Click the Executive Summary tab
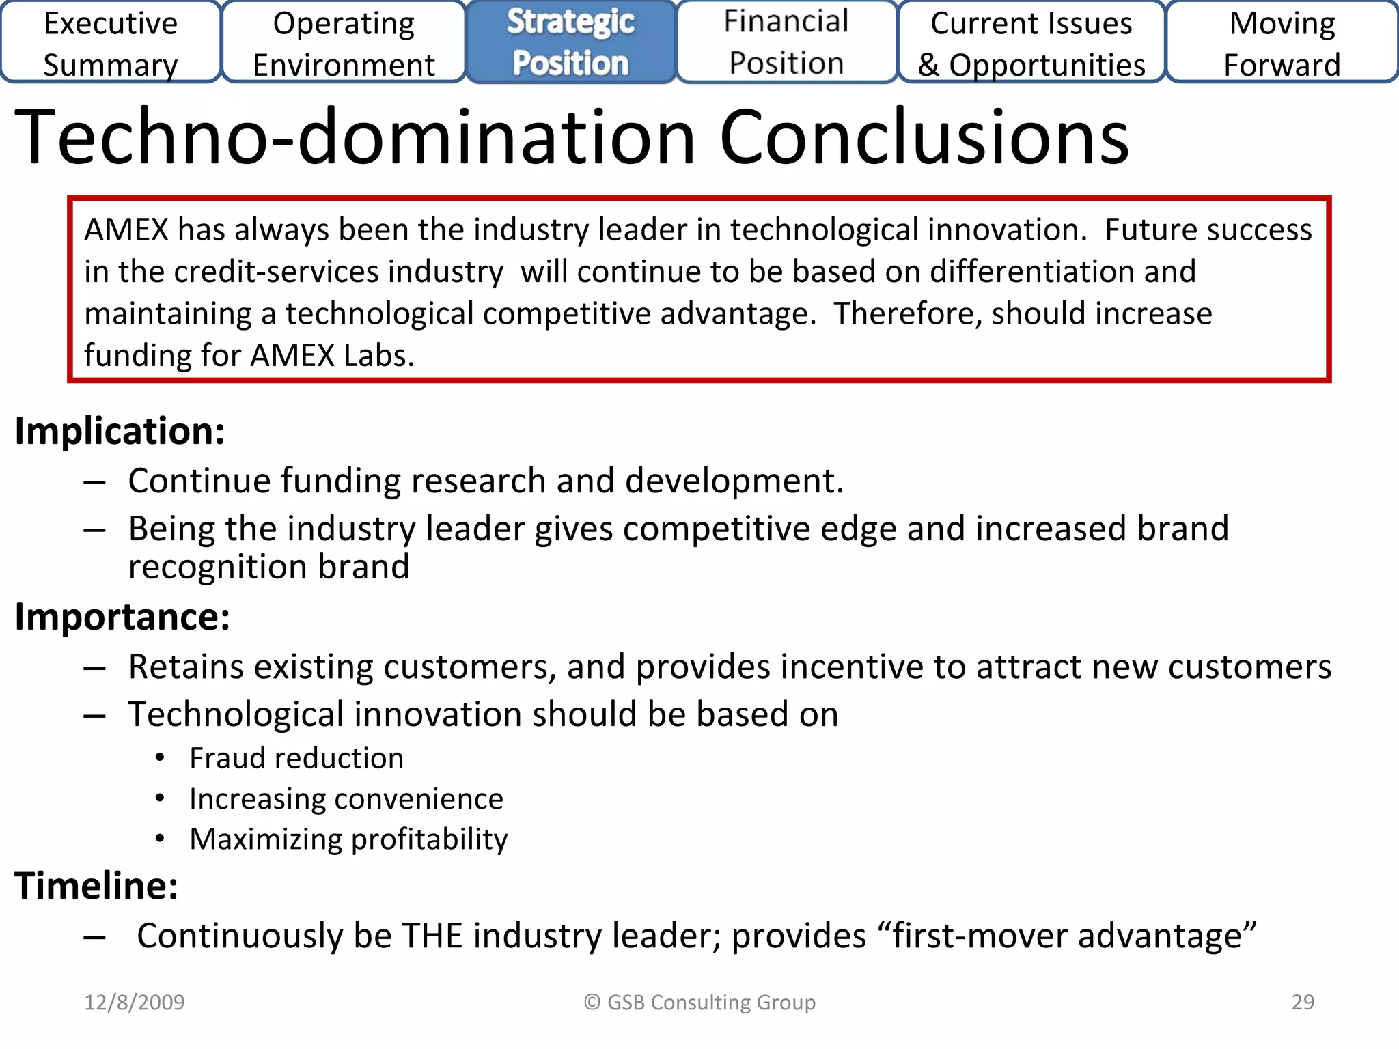point(111,43)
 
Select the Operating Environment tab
point(344,43)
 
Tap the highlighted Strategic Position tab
point(570,42)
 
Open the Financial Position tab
point(786,42)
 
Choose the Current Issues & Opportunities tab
point(1031,43)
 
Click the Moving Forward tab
point(1282,43)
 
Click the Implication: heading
point(120,432)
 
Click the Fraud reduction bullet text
point(296,759)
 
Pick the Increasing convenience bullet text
point(346,799)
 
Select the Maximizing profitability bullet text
point(348,839)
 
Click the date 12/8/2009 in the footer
point(135,1002)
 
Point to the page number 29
point(1303,1002)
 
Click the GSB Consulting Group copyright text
point(699,1002)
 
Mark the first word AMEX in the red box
point(126,230)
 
